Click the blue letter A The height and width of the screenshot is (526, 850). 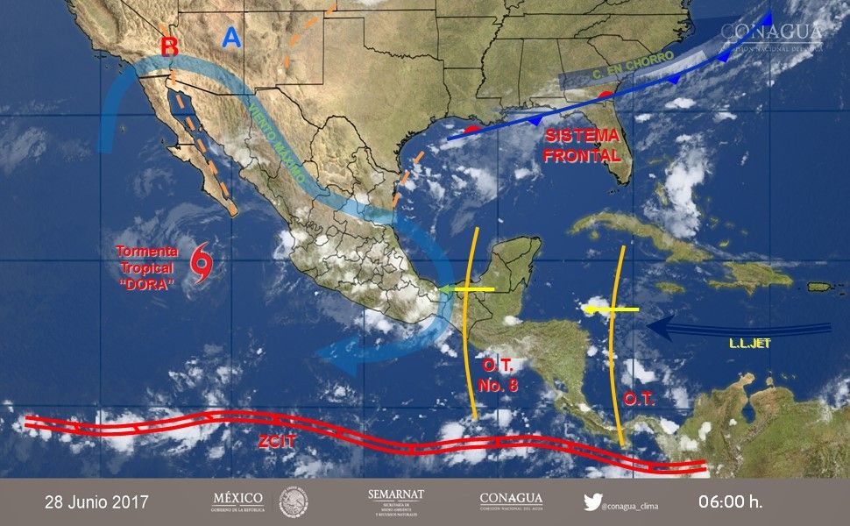coord(231,38)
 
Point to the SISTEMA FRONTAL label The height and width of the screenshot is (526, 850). coord(582,146)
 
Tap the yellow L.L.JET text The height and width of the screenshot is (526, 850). coord(749,344)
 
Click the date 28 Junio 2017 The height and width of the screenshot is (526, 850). coord(96,503)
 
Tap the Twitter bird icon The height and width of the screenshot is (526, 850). coord(592,503)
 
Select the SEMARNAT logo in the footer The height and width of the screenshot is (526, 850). coord(396,502)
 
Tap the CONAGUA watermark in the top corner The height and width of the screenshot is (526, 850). coord(771,33)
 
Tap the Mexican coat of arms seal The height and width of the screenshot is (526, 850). coord(294,502)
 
